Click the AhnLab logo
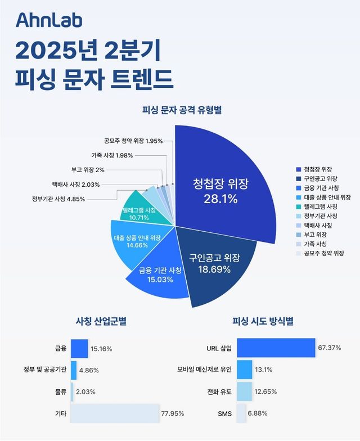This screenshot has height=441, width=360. click(49, 21)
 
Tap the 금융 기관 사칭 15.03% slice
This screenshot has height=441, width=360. click(160, 276)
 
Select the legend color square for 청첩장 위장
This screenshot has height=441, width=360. click(298, 169)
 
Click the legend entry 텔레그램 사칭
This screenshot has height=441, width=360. click(321, 206)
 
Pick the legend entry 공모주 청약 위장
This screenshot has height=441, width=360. click(324, 254)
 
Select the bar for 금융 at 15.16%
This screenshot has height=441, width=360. click(79, 349)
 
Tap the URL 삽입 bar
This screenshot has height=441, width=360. click(276, 348)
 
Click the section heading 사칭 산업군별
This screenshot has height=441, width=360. click(101, 322)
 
